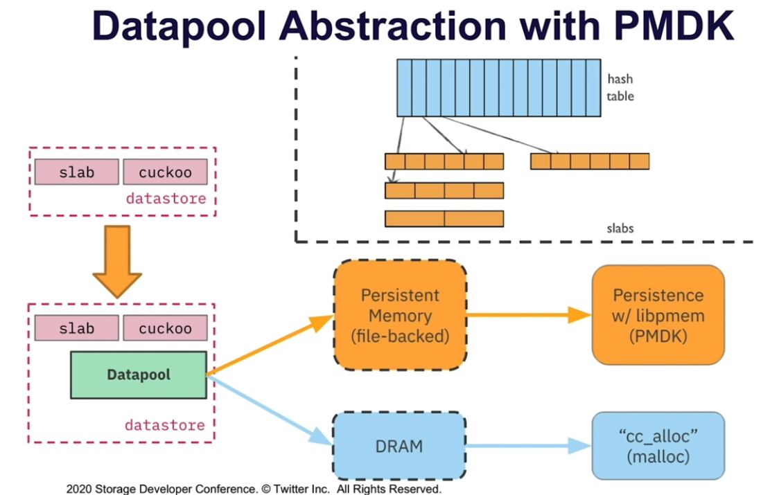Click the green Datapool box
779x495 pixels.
pyautogui.click(x=139, y=375)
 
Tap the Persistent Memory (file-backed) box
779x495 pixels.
pyautogui.click(x=400, y=315)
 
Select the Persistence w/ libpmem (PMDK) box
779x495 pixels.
pyautogui.click(x=658, y=315)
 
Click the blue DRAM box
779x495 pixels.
pyautogui.click(x=399, y=446)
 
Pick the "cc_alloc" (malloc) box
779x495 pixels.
pyautogui.click(x=658, y=446)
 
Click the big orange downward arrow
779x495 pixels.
pyautogui.click(x=117, y=261)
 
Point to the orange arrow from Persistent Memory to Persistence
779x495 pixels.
pyautogui.click(x=529, y=315)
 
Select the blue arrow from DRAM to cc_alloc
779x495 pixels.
pyautogui.click(x=529, y=446)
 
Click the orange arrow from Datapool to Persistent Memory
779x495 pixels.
pyautogui.click(x=270, y=345)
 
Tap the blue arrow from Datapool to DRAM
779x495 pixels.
pyautogui.click(x=270, y=410)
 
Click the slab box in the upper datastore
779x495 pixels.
pyautogui.click(x=76, y=172)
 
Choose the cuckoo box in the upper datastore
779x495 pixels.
pyautogui.click(x=165, y=172)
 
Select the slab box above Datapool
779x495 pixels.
pyautogui.click(x=76, y=327)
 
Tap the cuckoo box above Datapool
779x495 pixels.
pyautogui.click(x=165, y=327)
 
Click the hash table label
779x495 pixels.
pyautogui.click(x=620, y=87)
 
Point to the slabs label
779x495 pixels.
pyautogui.click(x=620, y=228)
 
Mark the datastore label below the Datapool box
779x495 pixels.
pyautogui.click(x=164, y=425)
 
